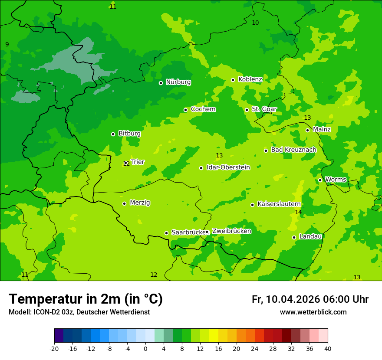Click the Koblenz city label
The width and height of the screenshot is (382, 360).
coord(250,79)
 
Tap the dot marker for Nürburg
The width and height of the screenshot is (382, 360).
coord(161,83)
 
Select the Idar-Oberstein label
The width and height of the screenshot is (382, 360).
coord(228,167)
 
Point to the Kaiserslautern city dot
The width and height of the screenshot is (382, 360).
coord(252,205)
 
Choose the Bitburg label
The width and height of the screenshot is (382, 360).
coord(129,134)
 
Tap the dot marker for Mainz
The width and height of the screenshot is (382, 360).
coord(307,130)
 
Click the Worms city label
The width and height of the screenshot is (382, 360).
coord(336,180)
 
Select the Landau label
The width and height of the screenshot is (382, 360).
coord(310,236)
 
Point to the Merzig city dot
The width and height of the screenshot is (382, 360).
coord(124,203)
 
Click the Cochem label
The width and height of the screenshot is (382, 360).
coord(203,109)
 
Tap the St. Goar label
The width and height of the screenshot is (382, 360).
coord(264,109)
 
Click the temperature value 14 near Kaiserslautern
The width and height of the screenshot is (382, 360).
coord(298,212)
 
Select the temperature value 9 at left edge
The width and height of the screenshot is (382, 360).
coord(7,44)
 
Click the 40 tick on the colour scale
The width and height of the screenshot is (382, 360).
coord(328,348)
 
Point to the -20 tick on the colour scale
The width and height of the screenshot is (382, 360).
coord(54,348)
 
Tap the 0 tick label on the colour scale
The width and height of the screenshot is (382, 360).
coord(145,348)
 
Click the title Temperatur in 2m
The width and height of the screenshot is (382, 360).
coord(86,299)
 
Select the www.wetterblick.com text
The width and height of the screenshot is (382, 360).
coord(313,312)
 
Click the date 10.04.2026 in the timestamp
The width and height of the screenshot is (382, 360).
coord(293,299)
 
